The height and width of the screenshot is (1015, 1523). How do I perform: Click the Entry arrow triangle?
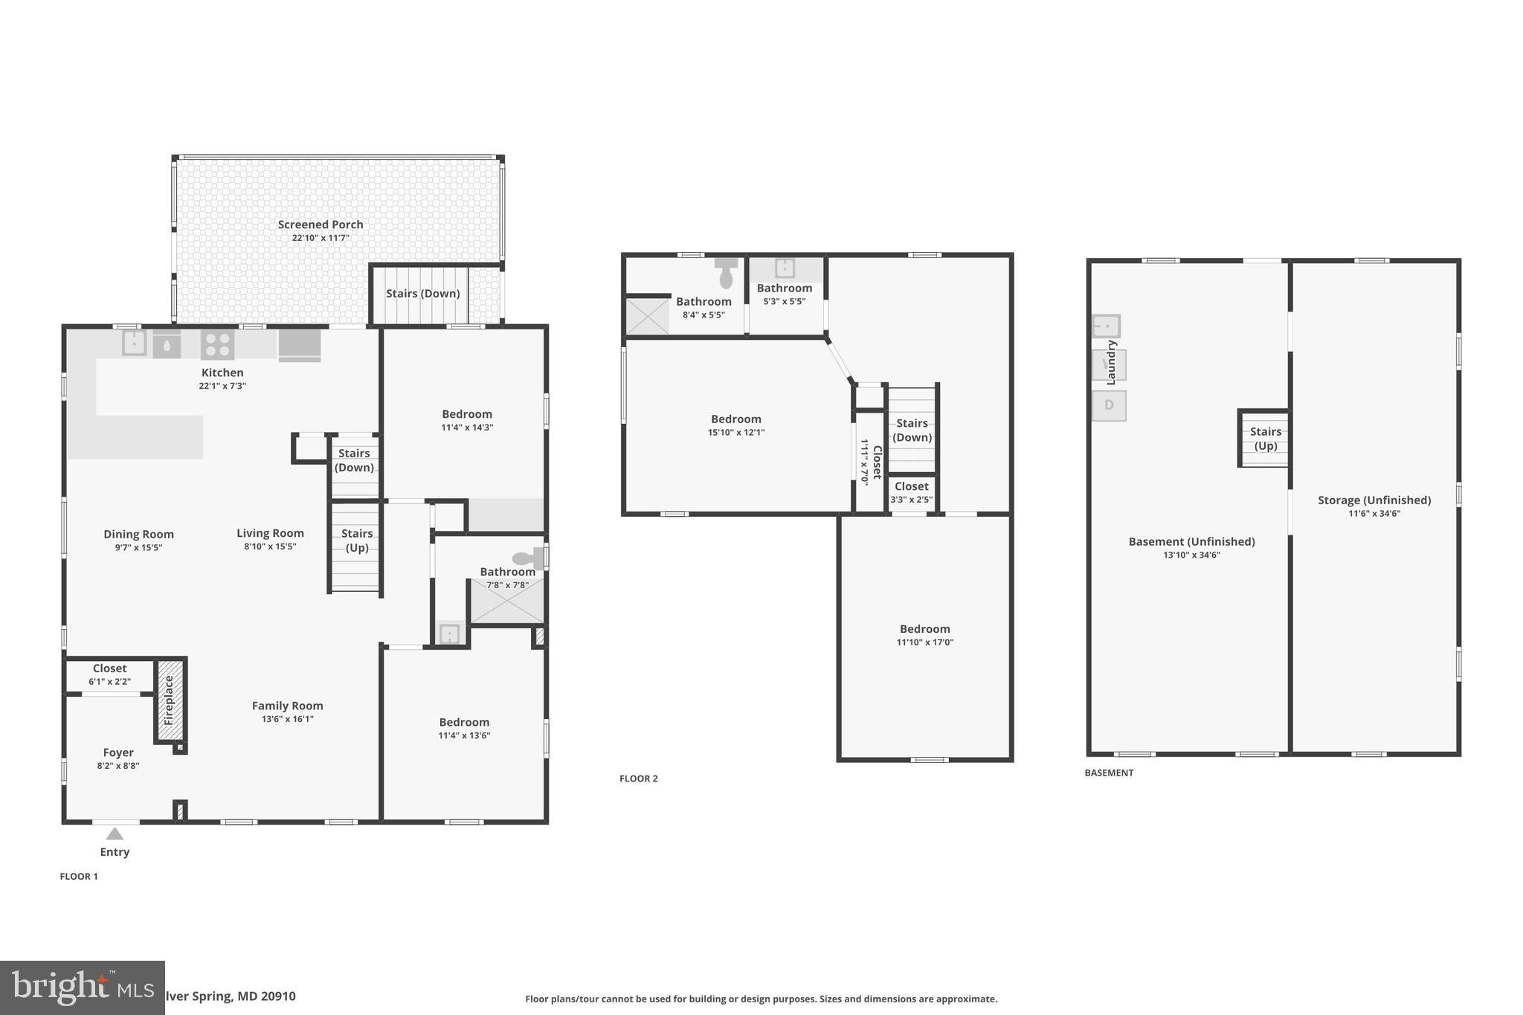click(115, 834)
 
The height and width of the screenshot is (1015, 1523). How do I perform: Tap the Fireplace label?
click(169, 700)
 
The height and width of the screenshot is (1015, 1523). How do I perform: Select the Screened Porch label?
click(321, 225)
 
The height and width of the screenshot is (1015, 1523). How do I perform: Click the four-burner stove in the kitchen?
click(217, 345)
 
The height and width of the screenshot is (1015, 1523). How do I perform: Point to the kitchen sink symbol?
click(134, 344)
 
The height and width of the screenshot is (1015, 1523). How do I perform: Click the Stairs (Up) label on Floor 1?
click(357, 540)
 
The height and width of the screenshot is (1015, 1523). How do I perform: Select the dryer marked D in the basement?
click(1109, 405)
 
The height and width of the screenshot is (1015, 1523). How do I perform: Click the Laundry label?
click(1112, 362)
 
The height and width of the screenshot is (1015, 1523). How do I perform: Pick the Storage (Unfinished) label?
click(1374, 500)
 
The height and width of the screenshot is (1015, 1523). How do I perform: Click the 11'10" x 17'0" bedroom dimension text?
click(925, 642)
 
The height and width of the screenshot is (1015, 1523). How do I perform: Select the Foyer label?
click(118, 753)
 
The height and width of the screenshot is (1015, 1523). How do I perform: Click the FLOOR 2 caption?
click(639, 779)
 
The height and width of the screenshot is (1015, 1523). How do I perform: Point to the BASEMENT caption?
click(1109, 773)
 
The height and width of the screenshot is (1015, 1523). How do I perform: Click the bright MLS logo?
click(82, 987)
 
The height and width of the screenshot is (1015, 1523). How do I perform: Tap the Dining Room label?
click(138, 534)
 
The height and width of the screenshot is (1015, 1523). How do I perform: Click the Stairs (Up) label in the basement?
click(1266, 439)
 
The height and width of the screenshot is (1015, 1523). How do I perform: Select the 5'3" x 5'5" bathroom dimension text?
click(785, 302)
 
